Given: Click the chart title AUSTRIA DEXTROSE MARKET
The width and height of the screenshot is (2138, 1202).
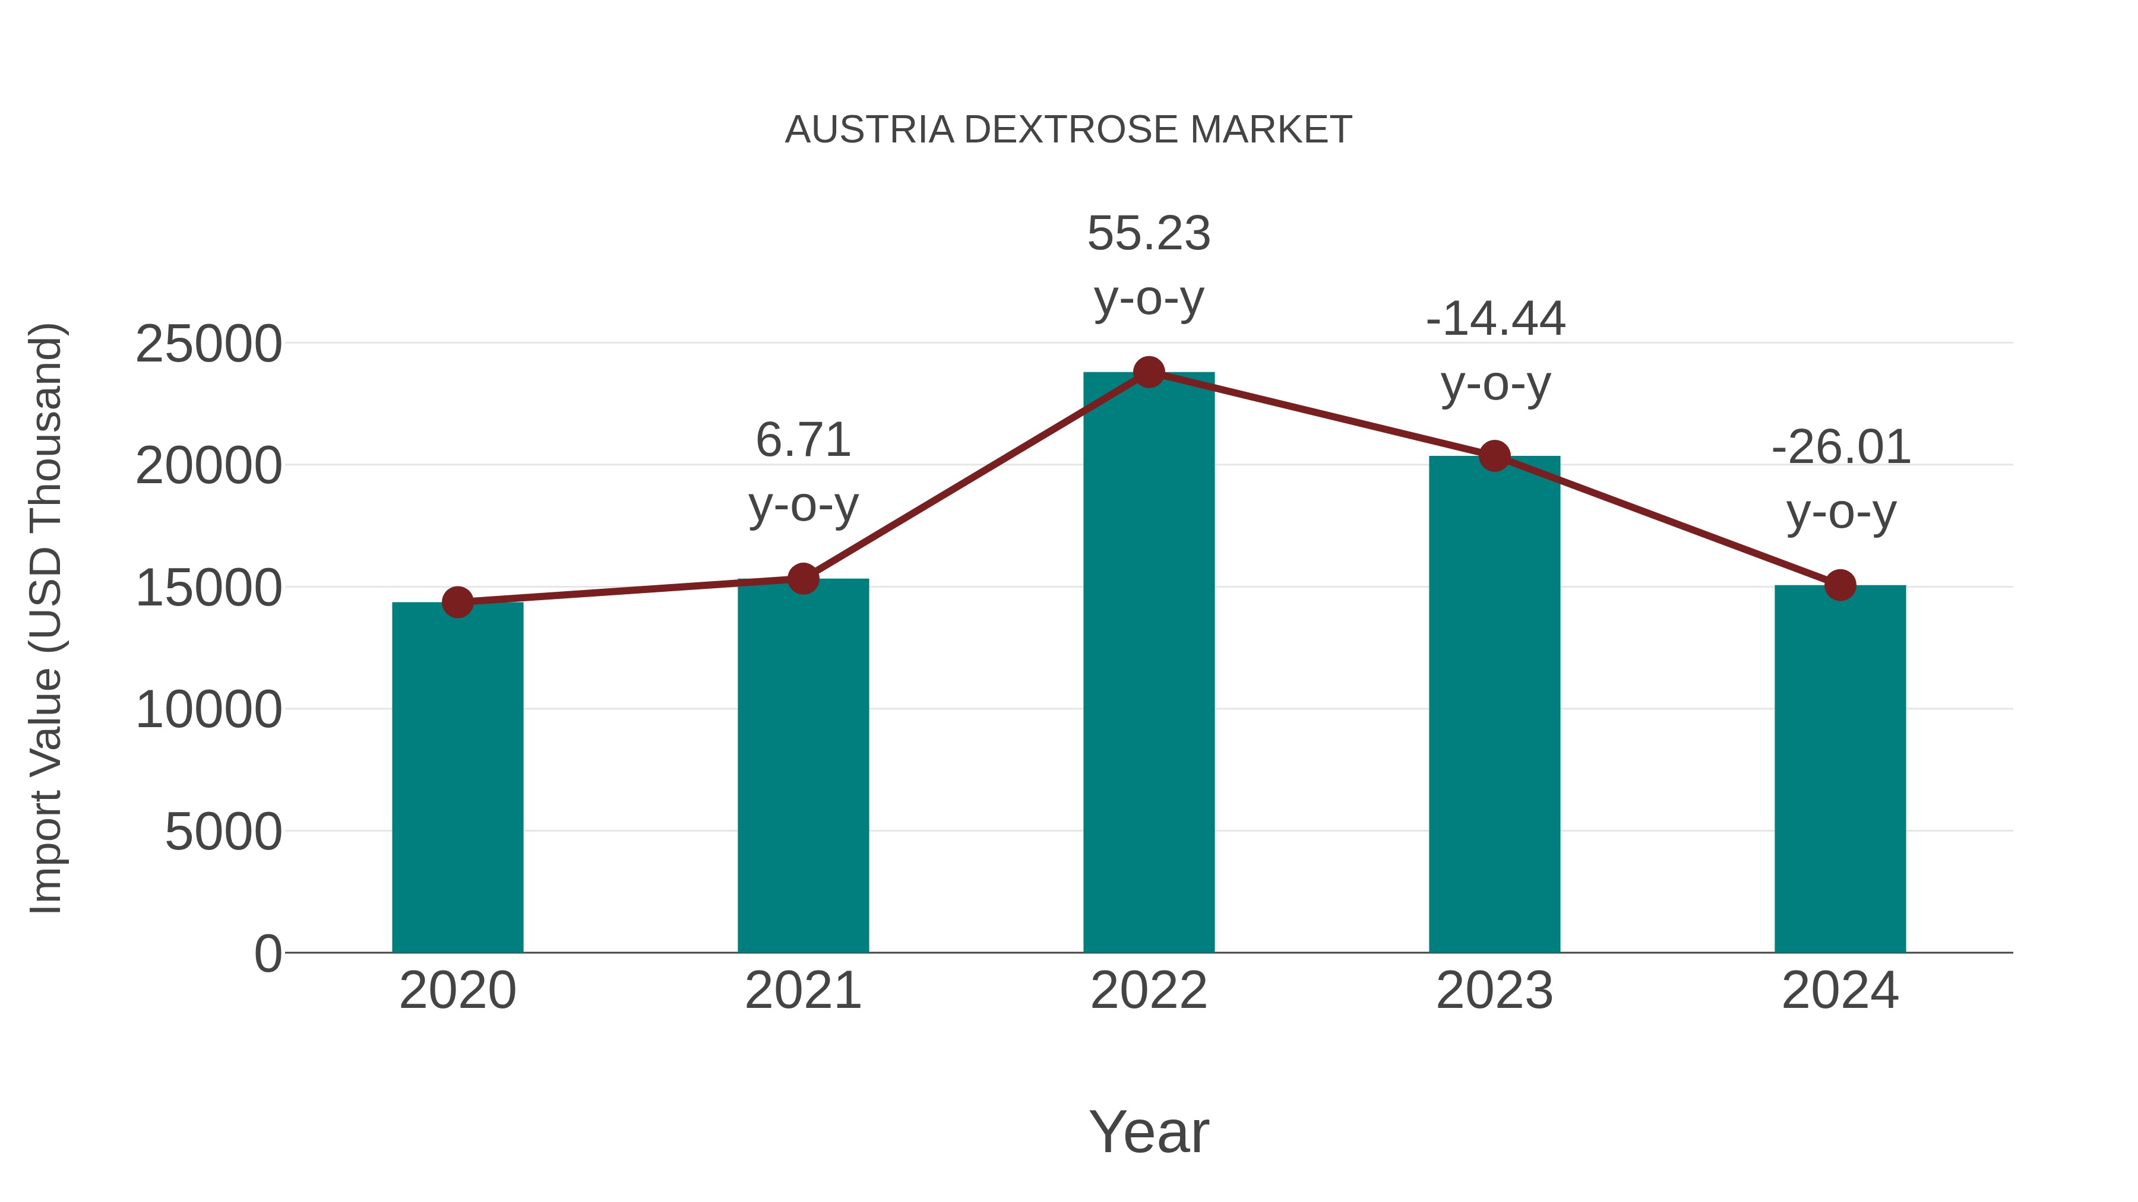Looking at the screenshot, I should [1068, 130].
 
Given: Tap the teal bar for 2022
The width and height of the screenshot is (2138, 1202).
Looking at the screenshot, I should [1149, 664].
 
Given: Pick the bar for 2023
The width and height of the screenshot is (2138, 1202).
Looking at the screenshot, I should [1494, 705].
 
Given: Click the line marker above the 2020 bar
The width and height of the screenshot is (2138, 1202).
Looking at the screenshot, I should [457, 602].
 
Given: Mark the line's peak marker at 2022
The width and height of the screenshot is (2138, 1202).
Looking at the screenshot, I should [1149, 372].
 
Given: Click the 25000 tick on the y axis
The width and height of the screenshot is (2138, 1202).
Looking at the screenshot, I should [208, 344].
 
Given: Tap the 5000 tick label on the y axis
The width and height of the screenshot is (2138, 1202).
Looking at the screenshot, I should [223, 832].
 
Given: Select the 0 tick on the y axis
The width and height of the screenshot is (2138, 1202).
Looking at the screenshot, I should [268, 954].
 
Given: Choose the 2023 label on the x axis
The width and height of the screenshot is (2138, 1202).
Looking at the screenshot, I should [1494, 991].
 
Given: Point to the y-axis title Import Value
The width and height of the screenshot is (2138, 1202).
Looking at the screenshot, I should [46, 618].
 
